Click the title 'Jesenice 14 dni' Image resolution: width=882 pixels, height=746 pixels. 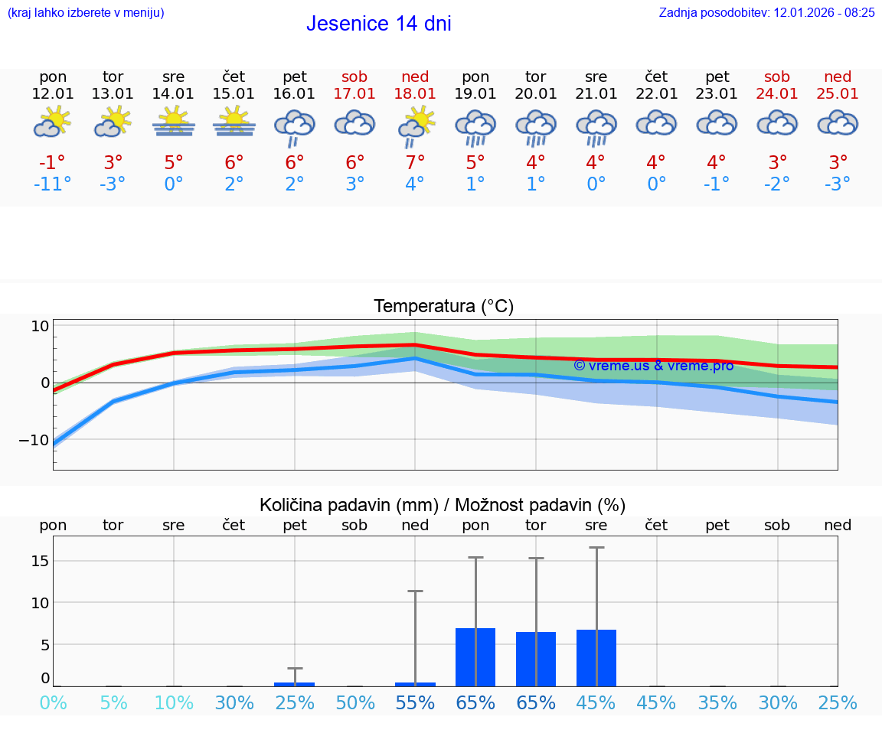coord(378,24)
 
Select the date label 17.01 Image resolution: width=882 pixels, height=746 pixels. coord(354,93)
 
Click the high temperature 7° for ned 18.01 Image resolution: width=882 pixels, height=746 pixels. coord(415,162)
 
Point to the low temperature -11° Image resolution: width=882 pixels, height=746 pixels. coord(52,184)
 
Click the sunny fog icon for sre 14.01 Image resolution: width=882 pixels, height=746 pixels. coord(174,122)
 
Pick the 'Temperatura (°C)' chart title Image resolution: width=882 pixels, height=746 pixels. coord(443,307)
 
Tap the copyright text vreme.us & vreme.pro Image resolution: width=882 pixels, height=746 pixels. coord(653,366)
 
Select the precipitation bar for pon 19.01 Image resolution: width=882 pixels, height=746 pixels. coord(475,657)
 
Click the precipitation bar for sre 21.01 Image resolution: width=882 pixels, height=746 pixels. coord(596,658)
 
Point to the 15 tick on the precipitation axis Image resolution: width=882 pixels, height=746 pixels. coord(40,561)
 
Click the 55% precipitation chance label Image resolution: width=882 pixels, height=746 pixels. coord(415,703)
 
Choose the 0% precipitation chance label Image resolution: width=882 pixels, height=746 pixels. coord(53,703)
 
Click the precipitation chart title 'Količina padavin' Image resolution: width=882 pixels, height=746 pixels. coord(443,505)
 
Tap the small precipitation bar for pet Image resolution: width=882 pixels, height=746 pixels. coord(295,684)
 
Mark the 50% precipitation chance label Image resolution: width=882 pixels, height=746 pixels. coord(354,703)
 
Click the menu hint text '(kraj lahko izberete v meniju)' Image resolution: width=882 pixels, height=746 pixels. coord(86,13)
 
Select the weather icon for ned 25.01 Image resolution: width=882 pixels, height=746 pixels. coord(838,122)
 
